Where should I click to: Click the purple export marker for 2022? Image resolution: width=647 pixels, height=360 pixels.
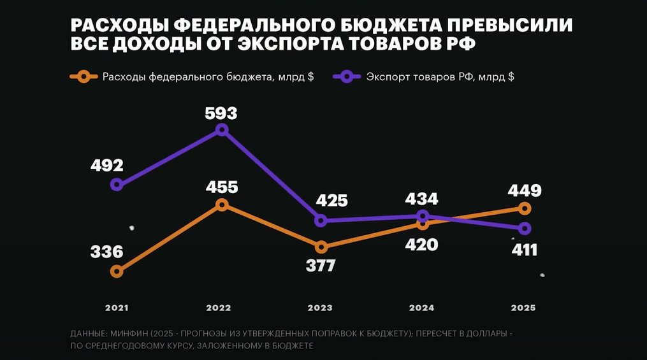click(x=222, y=129)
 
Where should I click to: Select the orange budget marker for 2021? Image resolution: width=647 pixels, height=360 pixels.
click(x=116, y=271)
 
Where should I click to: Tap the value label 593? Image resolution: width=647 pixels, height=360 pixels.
click(x=221, y=113)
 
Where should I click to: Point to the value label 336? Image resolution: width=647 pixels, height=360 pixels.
click(x=106, y=252)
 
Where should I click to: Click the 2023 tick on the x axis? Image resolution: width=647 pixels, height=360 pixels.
click(x=320, y=308)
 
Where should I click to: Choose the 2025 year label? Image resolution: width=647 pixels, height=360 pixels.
click(x=523, y=308)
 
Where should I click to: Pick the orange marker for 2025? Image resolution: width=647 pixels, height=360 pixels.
click(x=524, y=208)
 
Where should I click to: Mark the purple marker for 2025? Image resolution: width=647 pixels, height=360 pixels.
click(x=524, y=228)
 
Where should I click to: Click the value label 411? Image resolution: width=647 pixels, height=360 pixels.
click(x=525, y=250)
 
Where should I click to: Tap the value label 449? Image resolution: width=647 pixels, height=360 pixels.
click(x=525, y=191)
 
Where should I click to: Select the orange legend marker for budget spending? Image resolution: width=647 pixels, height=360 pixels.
click(x=83, y=76)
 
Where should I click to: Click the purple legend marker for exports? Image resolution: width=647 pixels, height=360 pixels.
click(x=346, y=76)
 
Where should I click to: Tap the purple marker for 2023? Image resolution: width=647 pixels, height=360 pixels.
click(x=321, y=220)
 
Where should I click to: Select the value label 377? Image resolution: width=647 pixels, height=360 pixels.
click(x=321, y=265)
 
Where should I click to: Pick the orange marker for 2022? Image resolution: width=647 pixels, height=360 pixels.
click(x=222, y=205)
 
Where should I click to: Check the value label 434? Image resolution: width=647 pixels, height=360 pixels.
click(x=421, y=199)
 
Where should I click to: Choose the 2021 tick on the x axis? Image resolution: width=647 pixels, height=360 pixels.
click(x=117, y=308)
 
